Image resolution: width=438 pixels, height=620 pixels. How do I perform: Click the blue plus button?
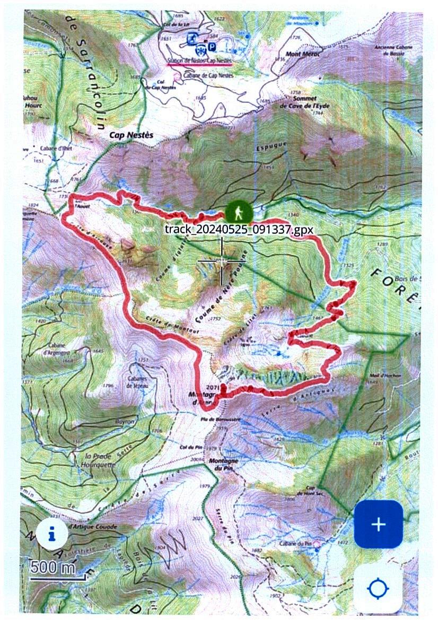(378, 524)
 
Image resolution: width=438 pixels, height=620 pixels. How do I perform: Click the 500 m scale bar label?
(53, 566)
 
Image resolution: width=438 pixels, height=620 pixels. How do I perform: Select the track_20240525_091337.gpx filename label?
(239, 229)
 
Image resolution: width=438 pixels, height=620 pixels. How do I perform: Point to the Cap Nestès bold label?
(131, 135)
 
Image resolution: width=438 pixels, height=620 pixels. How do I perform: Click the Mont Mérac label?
(301, 54)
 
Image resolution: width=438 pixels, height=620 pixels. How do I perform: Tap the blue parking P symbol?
(212, 47)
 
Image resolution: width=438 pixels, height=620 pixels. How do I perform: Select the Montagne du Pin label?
(224, 464)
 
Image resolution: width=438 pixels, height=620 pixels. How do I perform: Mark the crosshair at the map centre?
(222, 261)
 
